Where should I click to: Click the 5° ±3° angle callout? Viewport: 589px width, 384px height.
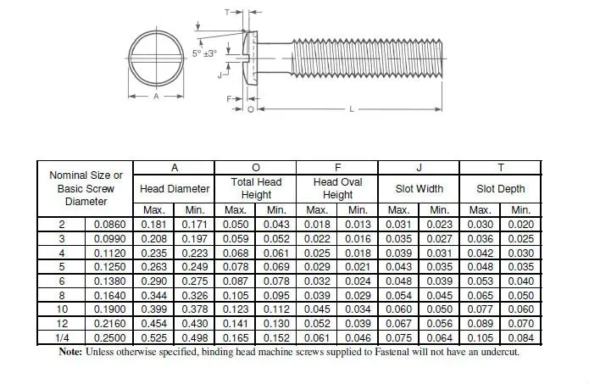pyautogui.click(x=203, y=53)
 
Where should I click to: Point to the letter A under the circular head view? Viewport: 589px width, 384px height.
pyautogui.click(x=156, y=97)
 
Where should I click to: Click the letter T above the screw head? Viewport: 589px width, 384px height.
pyautogui.click(x=228, y=13)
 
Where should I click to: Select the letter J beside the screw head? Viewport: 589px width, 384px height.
pyautogui.click(x=219, y=75)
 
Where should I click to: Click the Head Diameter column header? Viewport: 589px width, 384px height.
pyautogui.click(x=174, y=189)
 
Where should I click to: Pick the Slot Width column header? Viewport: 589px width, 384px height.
pyautogui.click(x=419, y=189)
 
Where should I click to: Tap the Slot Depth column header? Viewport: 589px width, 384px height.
pyautogui.click(x=500, y=189)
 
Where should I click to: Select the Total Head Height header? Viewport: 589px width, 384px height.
pyautogui.click(x=256, y=188)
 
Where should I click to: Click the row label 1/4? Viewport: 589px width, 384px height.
pyautogui.click(x=62, y=338)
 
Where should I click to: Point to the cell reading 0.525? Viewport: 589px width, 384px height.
pyautogui.click(x=153, y=338)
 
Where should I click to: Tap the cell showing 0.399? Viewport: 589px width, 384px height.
pyautogui.click(x=153, y=309)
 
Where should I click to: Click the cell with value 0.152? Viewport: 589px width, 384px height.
pyautogui.click(x=276, y=338)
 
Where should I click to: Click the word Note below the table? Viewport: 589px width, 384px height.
pyautogui.click(x=71, y=353)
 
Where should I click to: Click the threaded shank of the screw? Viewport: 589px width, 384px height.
pyautogui.click(x=364, y=64)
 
